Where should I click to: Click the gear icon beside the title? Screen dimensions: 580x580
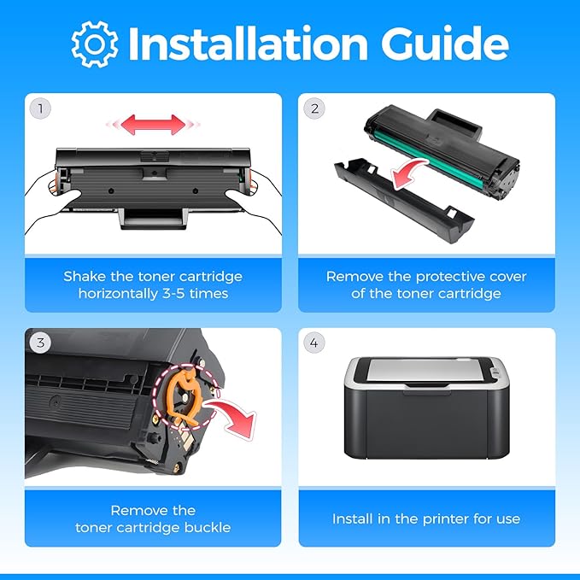click(95, 44)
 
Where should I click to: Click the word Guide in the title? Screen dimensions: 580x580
click(445, 44)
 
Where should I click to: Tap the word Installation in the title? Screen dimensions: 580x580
click(248, 44)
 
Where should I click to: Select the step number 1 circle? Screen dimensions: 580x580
click(40, 108)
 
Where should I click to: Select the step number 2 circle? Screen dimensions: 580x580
click(314, 108)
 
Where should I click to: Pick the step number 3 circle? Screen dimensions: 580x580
click(40, 343)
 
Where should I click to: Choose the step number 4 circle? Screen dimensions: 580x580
click(314, 343)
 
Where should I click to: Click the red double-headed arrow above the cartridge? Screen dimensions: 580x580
click(153, 125)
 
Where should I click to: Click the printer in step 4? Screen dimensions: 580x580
click(426, 407)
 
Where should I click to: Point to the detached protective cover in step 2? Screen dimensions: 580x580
click(403, 200)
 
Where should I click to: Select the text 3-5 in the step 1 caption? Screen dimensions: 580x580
click(173, 294)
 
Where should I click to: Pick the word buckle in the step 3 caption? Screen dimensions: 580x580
click(208, 528)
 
